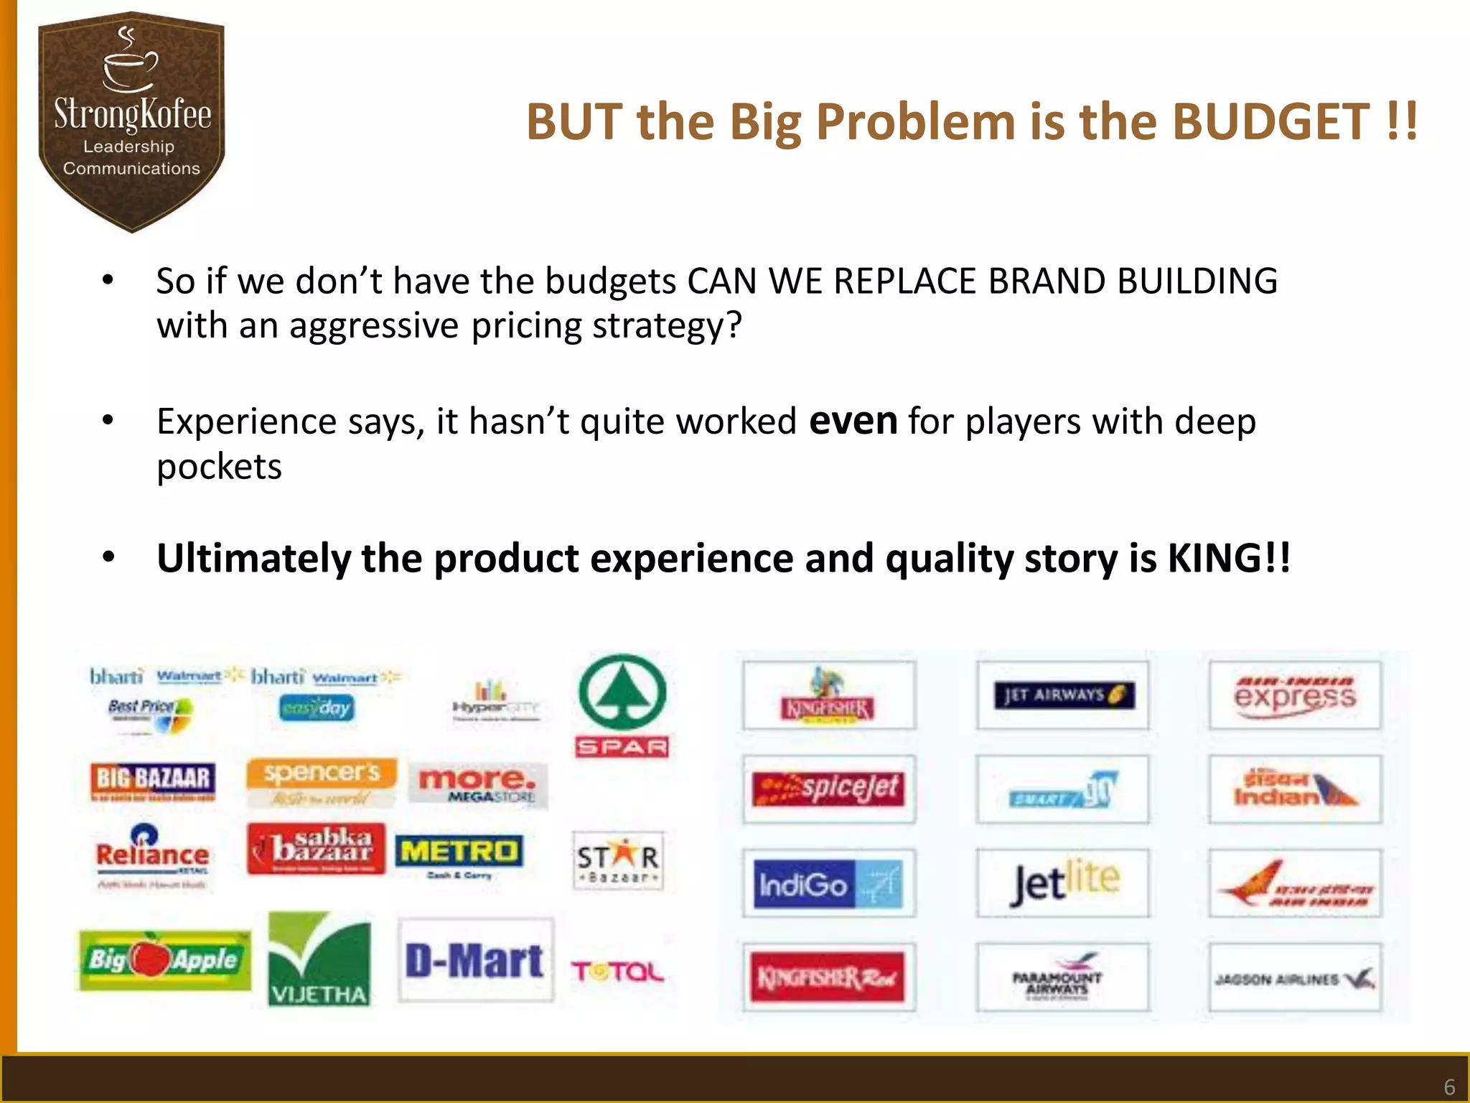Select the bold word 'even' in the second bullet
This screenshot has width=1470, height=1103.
tap(853, 421)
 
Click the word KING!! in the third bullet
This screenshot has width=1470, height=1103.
tap(1229, 559)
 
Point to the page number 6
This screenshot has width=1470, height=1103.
tap(1449, 1086)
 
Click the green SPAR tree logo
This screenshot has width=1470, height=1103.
tap(622, 693)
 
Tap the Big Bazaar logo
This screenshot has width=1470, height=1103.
tap(153, 781)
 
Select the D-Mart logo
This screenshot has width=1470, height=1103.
tap(475, 961)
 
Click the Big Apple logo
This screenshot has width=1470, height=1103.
tap(164, 960)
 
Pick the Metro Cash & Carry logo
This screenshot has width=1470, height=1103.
tap(459, 855)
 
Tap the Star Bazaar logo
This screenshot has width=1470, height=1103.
tap(618, 861)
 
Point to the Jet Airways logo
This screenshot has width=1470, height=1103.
tap(1063, 695)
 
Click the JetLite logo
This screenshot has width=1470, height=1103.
tap(1063, 883)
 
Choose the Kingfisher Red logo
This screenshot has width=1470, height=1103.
tap(829, 977)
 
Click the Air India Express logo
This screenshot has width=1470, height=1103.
tap(1295, 695)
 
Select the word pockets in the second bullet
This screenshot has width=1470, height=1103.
tap(220, 467)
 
